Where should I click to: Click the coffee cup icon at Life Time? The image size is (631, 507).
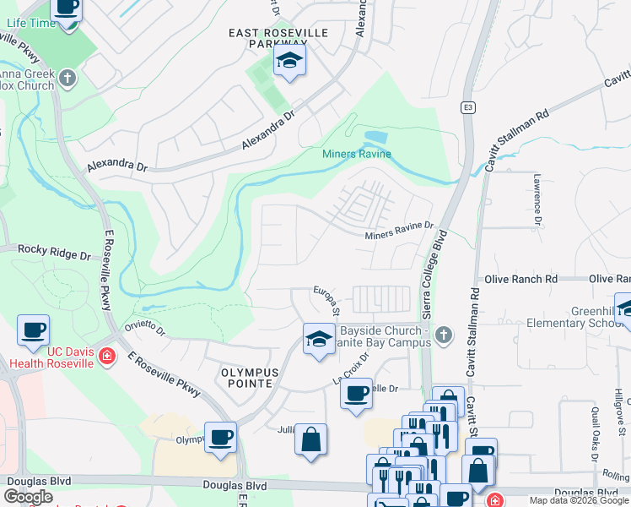tap(67, 8)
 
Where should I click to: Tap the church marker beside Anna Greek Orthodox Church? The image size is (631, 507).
tap(67, 79)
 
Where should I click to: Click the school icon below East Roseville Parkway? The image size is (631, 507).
tap(289, 61)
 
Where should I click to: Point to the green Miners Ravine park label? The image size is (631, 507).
tap(357, 154)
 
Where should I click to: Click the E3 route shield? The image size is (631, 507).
tap(467, 107)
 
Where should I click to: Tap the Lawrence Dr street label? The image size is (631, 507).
tap(537, 199)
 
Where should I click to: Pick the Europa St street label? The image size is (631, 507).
tap(327, 300)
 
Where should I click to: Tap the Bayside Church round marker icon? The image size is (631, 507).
tap(444, 337)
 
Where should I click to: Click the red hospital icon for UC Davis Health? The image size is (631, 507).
tap(106, 357)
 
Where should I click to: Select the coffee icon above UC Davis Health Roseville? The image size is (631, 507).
tap(33, 330)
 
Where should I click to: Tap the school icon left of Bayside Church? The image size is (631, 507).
tap(318, 340)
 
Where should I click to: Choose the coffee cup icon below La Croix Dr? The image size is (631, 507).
tap(356, 393)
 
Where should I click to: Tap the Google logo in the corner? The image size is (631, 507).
tap(28, 497)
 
